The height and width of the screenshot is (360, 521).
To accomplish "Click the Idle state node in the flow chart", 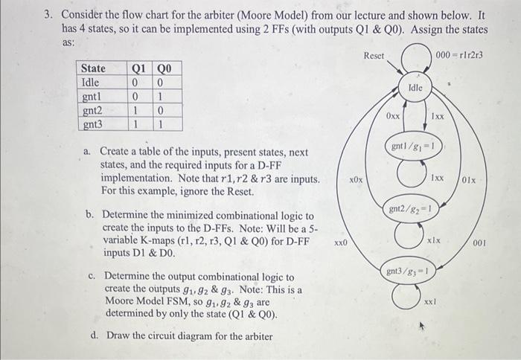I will [x=416, y=88].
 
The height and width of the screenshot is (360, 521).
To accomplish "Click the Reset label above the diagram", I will [x=374, y=57].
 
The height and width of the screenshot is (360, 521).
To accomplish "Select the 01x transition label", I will [x=469, y=179].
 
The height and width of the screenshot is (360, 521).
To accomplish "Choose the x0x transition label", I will [x=357, y=180].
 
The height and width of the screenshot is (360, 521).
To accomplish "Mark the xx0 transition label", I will [x=341, y=242].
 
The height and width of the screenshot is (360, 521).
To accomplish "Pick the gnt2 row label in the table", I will [x=92, y=109].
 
